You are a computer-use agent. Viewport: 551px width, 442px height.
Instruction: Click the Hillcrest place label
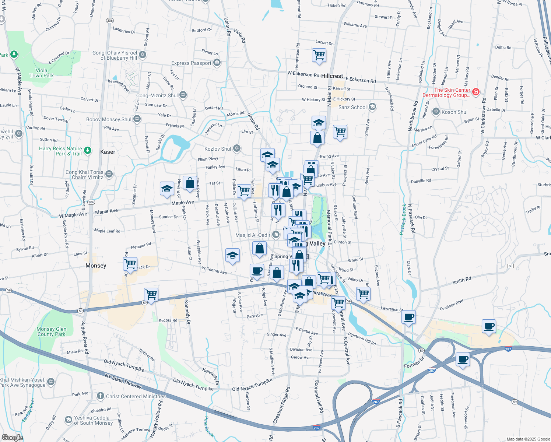click(332, 76)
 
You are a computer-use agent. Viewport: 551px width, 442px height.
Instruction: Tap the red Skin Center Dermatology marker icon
click(475, 92)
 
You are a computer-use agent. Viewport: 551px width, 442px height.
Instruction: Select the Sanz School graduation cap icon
click(372, 107)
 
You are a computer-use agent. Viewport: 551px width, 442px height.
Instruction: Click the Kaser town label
click(108, 152)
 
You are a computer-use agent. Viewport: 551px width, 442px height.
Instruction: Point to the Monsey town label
click(96, 266)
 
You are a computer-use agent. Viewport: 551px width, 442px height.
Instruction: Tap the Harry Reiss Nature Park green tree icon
click(87, 150)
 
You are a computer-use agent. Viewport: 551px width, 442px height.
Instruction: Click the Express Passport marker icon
click(217, 63)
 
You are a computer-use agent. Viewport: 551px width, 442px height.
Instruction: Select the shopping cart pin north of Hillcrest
click(319, 55)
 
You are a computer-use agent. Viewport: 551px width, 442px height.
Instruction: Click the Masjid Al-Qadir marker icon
click(275, 235)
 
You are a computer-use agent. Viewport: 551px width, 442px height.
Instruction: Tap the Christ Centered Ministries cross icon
click(100, 396)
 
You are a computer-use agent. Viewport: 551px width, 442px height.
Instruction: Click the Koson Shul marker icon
click(436, 111)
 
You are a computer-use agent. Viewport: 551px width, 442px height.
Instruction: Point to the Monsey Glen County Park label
click(51, 331)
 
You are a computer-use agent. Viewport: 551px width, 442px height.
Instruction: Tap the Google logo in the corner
click(12, 437)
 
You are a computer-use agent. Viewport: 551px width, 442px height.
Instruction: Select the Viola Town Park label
click(41, 73)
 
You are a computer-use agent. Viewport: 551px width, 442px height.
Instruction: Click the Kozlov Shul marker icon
click(237, 148)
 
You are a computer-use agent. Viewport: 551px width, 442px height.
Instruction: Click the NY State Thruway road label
click(123, 381)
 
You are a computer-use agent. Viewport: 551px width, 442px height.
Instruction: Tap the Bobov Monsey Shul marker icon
click(137, 119)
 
